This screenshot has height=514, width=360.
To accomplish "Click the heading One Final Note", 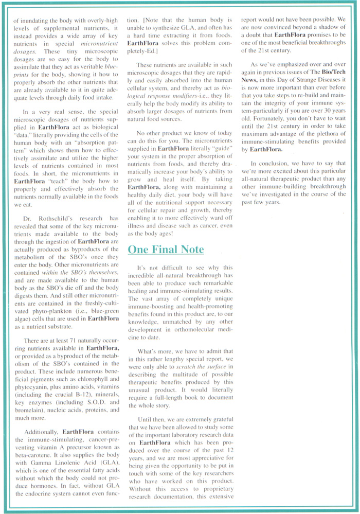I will (166, 250).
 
